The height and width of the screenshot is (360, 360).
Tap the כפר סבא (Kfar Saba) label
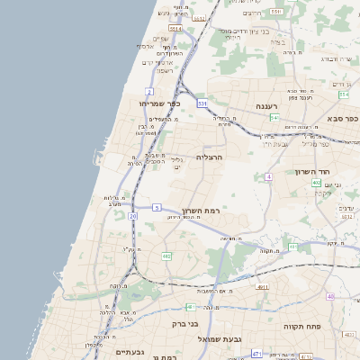coord(343,118)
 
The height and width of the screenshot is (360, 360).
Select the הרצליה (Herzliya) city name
coord(233,157)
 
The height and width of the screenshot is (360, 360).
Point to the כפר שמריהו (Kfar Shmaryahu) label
coord(161,104)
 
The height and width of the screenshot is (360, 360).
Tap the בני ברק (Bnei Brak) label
coord(184,321)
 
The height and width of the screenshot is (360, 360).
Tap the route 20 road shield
coord(133,216)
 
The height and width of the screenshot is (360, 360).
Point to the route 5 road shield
coord(156,208)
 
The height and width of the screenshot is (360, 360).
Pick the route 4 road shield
coord(268,176)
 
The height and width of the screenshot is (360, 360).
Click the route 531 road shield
coord(203,104)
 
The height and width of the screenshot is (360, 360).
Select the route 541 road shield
coord(274,118)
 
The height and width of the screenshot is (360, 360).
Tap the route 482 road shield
coord(166,256)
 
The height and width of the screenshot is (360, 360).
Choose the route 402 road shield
coord(317,183)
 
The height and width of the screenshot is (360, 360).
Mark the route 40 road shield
coord(331,296)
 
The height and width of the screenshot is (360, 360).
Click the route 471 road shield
coord(257,354)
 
